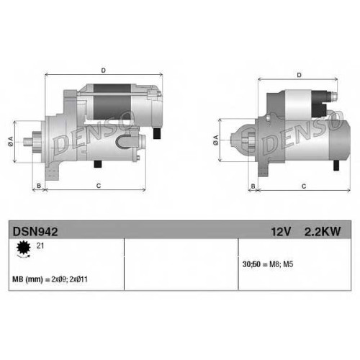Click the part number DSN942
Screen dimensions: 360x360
35,232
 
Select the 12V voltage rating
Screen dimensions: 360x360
281,232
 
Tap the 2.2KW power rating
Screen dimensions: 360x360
323,232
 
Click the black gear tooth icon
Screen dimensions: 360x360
24,248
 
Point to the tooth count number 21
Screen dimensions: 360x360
40,246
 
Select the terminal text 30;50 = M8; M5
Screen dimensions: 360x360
268,264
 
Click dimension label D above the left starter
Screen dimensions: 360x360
103,71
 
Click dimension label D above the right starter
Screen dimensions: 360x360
299,75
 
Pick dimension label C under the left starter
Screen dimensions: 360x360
99,186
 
